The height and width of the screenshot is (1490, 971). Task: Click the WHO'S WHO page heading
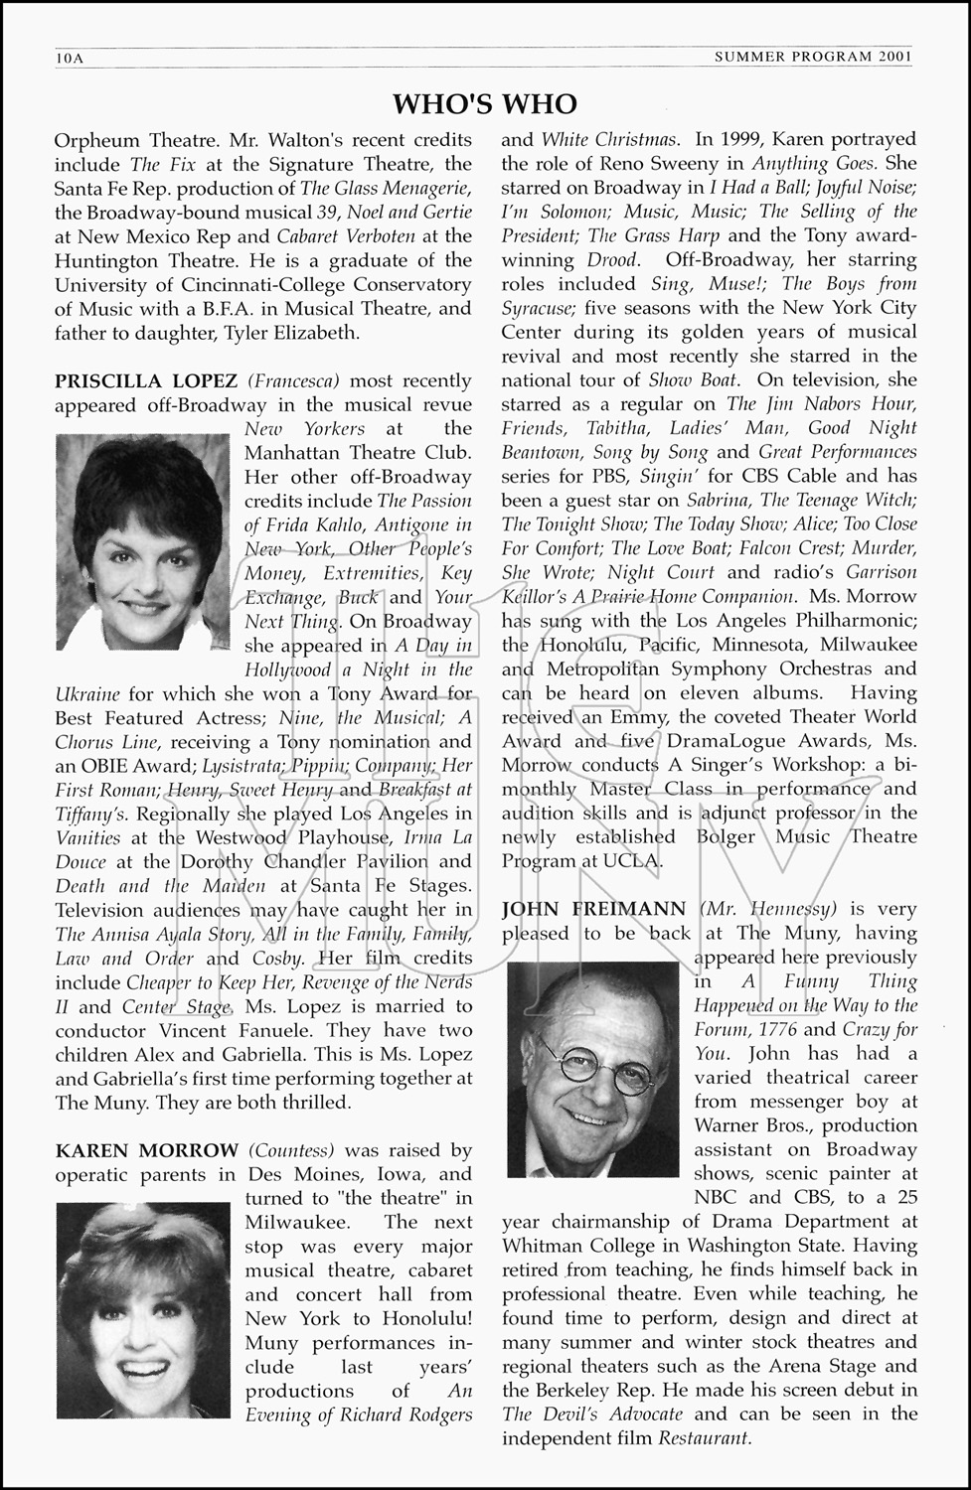tap(485, 104)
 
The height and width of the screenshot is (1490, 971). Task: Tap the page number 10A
tap(70, 59)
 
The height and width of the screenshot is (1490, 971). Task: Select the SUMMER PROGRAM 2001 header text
tap(813, 58)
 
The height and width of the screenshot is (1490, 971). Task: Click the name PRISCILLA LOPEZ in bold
tap(146, 380)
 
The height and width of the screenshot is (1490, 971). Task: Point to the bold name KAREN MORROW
tap(147, 1150)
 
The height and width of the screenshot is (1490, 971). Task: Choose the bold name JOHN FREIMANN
tap(593, 909)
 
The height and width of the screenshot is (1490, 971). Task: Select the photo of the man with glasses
tap(593, 1055)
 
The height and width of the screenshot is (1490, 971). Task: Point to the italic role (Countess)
tap(290, 1150)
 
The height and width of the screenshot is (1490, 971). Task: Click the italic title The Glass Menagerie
tap(386, 188)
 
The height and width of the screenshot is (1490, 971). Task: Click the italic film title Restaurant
tap(705, 1437)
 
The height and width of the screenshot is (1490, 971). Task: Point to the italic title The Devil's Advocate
tap(592, 1414)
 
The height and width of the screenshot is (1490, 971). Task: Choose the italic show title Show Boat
tap(693, 380)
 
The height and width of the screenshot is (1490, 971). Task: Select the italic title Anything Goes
tap(813, 164)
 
